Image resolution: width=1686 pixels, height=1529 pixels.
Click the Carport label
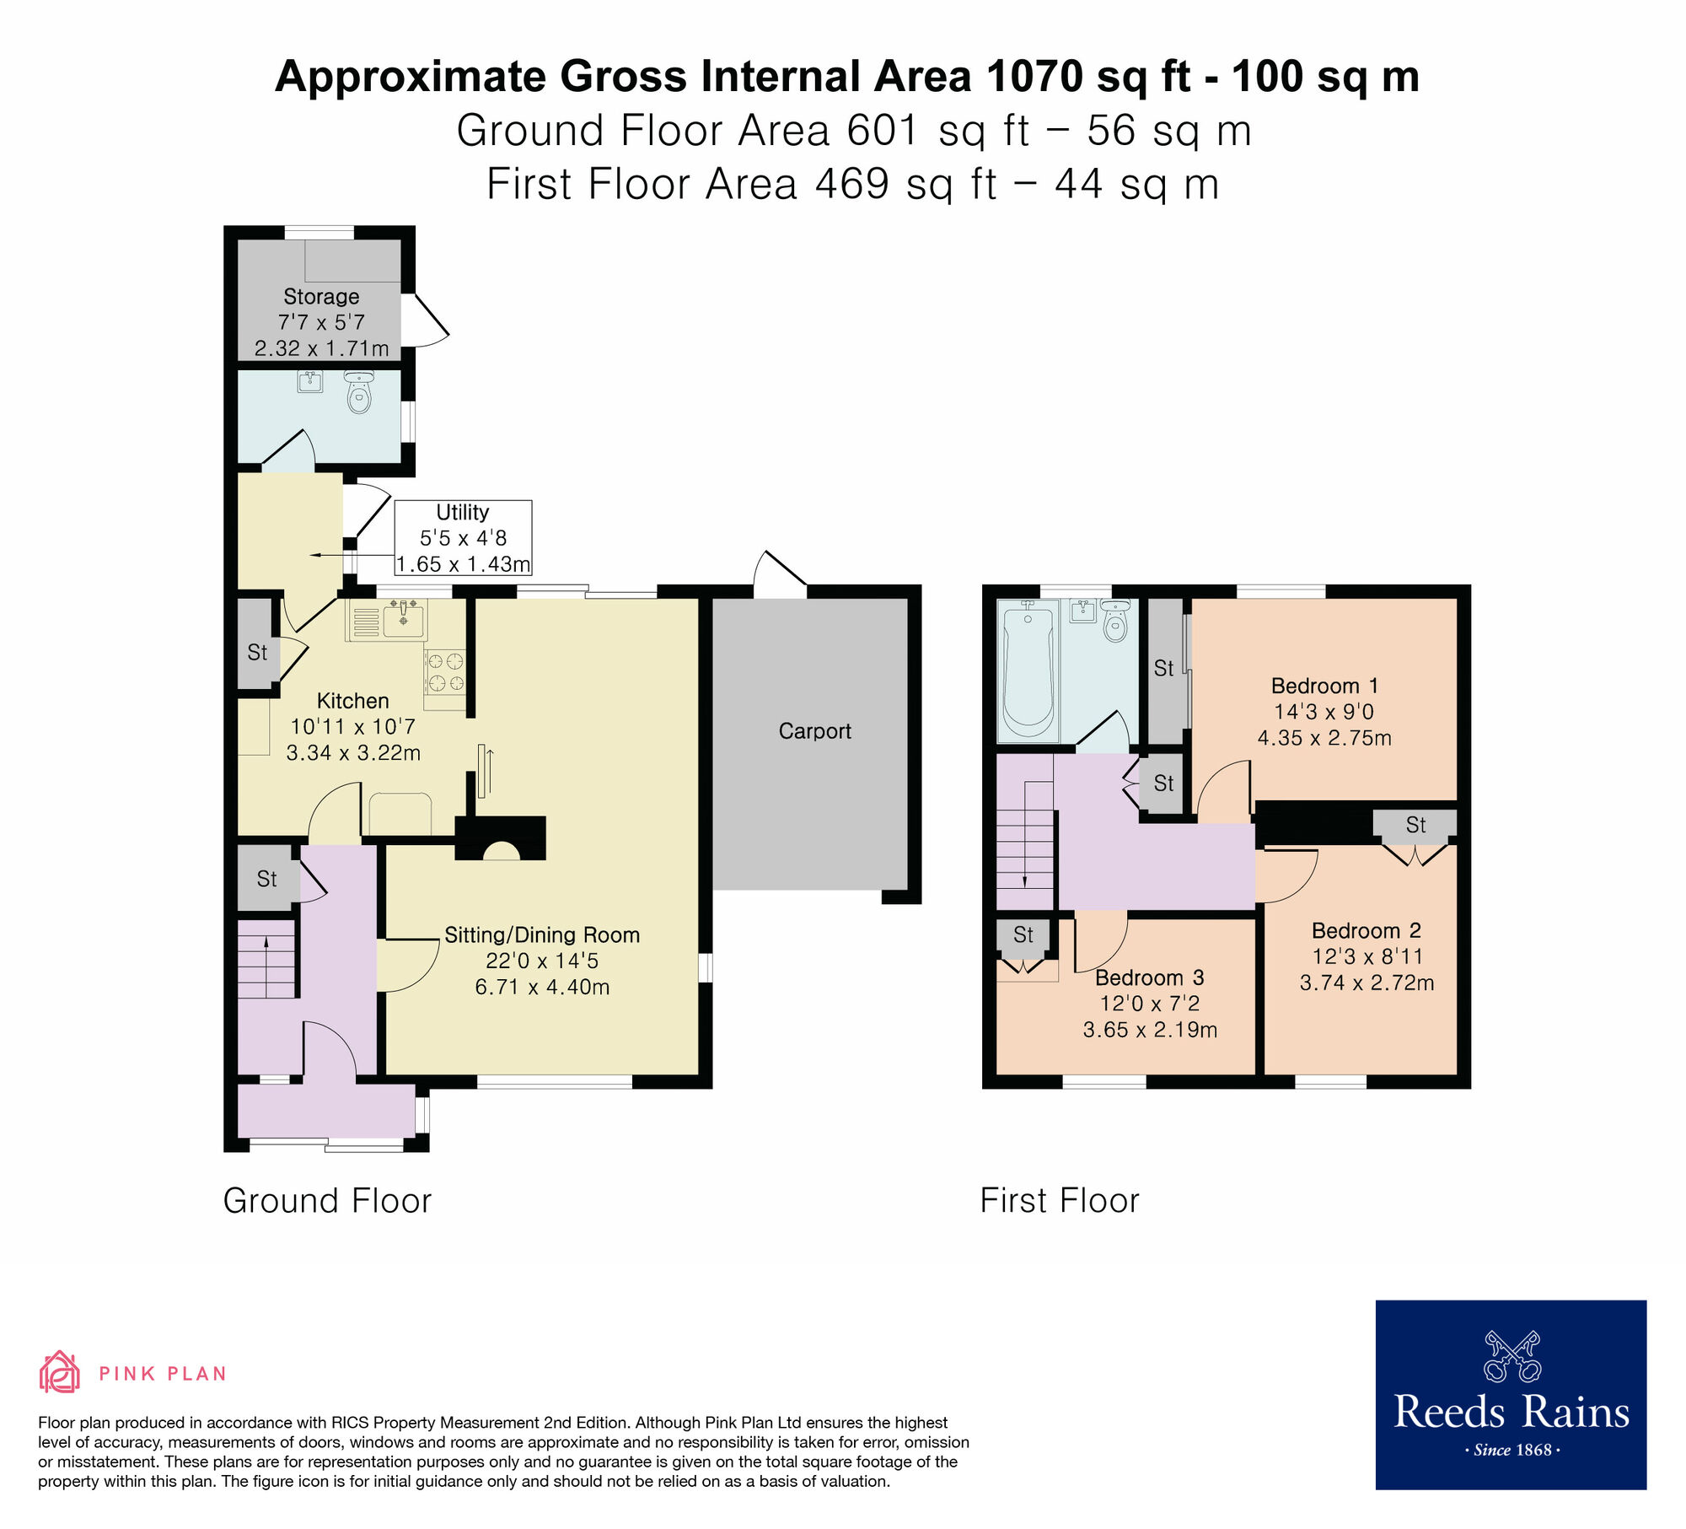814,731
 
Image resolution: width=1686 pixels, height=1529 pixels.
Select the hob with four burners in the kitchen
445,671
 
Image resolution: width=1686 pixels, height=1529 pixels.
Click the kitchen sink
404,620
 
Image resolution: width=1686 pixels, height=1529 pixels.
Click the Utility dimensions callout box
463,538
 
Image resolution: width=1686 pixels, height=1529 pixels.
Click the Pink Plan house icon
59,1372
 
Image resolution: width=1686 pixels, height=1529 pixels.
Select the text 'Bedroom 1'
1324,686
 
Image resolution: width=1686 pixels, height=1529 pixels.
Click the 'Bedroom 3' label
1149,977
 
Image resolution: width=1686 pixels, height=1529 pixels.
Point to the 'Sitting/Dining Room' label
542,934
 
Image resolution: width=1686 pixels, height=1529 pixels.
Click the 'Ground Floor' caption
327,1201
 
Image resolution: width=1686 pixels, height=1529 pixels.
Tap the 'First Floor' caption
1059,1201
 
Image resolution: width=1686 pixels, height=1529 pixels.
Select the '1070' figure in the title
1034,77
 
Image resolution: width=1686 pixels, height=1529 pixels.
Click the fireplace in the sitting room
501,840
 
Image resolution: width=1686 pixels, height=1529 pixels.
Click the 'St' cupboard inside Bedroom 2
1415,825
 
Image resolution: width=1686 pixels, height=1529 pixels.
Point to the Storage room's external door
426,320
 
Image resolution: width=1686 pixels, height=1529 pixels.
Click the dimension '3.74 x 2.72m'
1367,983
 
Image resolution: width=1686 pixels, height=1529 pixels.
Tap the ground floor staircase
266,959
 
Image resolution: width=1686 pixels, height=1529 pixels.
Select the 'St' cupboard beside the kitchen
257,652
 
